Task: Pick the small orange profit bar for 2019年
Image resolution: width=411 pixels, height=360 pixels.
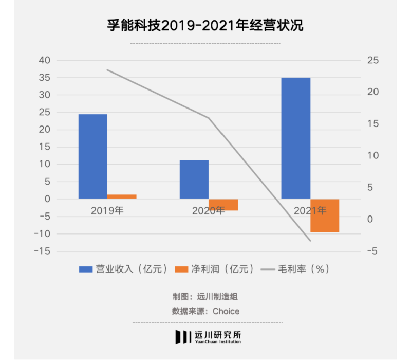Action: click(x=122, y=196)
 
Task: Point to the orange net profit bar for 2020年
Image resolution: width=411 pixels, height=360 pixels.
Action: click(x=223, y=205)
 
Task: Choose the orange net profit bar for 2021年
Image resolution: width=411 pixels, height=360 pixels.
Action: click(x=325, y=215)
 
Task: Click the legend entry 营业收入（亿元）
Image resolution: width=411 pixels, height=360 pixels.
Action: click(x=123, y=269)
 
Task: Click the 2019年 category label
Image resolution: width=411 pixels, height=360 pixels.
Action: click(x=107, y=210)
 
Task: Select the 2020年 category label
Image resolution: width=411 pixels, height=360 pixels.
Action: click(x=209, y=210)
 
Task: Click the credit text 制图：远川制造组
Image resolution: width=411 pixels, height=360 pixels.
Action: click(x=205, y=297)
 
